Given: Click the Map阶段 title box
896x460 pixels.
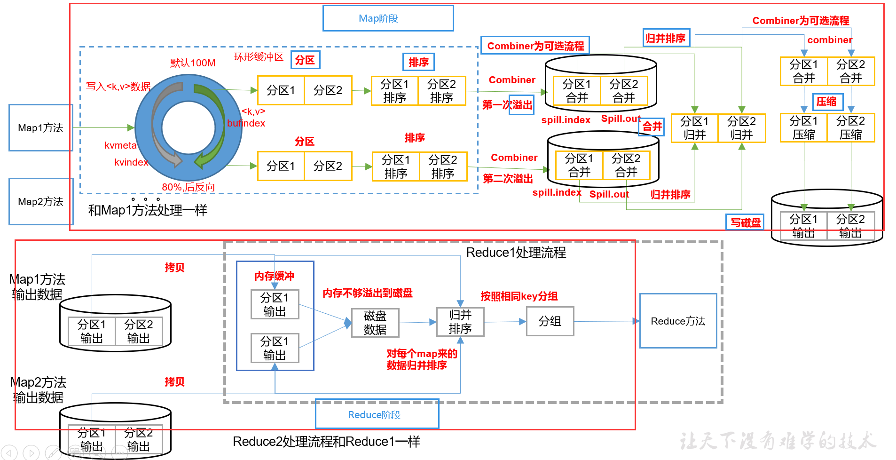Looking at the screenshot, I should (x=388, y=18).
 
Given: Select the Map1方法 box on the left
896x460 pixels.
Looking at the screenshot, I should (x=40, y=128).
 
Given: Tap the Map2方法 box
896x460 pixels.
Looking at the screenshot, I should (x=40, y=202).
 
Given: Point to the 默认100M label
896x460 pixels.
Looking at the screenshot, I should (x=193, y=63).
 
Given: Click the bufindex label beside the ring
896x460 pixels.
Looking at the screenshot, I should (x=246, y=123).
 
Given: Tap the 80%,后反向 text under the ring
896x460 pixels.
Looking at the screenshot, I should (x=188, y=187).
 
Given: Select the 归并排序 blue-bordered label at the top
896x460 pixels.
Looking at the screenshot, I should (x=666, y=38).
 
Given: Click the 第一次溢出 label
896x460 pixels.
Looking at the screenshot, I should (x=508, y=104).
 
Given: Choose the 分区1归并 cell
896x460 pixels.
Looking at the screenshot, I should (x=694, y=128).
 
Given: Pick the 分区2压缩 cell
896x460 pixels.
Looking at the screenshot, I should (x=850, y=128).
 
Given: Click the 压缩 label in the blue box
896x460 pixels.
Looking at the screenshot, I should (x=827, y=102).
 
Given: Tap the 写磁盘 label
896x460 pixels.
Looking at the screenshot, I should (x=746, y=222).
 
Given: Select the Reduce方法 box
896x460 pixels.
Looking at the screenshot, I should (x=678, y=321).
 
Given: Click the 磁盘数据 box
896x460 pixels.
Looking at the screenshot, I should (x=375, y=323).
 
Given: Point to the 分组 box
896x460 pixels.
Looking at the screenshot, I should (x=550, y=321).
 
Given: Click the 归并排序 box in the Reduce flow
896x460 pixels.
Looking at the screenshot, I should (x=460, y=322).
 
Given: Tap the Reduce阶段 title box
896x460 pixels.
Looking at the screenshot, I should (x=377, y=414).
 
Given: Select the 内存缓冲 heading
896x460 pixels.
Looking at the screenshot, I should (x=274, y=276).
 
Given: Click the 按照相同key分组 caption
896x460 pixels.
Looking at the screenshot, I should (x=519, y=296).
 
